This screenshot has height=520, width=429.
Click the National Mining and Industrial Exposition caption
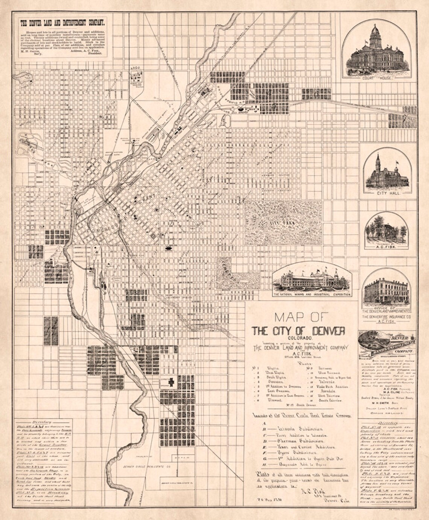pos(312,294)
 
